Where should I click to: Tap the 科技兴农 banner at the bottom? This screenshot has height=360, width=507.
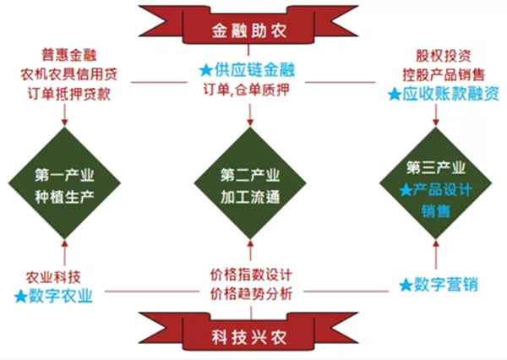(x=251, y=333)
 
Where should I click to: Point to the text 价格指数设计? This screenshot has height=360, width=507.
(x=250, y=275)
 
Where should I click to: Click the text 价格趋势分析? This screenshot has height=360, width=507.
(x=250, y=294)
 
